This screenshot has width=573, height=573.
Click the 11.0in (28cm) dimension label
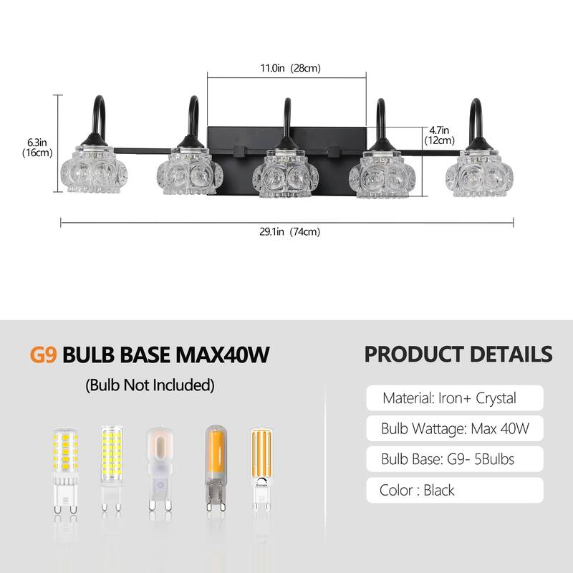(290, 68)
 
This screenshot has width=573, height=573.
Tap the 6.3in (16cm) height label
(37, 148)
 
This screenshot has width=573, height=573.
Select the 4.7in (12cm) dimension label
(439, 135)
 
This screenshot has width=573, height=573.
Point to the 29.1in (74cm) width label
(290, 231)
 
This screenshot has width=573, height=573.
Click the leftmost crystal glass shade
(94, 169)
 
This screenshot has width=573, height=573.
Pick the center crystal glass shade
(285, 173)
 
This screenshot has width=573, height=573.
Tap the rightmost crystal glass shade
(479, 173)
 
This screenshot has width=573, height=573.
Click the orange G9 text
(43, 355)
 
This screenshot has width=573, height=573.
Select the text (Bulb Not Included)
(150, 385)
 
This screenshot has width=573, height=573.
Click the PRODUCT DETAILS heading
(458, 354)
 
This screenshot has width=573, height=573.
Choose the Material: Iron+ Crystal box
(455, 398)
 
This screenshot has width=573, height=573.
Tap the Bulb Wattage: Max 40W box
(455, 428)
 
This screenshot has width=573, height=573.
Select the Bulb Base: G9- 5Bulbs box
(455, 459)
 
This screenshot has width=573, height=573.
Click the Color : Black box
(455, 490)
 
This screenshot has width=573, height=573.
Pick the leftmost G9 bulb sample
(66, 471)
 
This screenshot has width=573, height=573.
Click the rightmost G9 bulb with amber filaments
(261, 469)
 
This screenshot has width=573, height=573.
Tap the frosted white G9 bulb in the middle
(160, 470)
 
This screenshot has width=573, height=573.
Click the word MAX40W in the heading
(223, 355)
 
